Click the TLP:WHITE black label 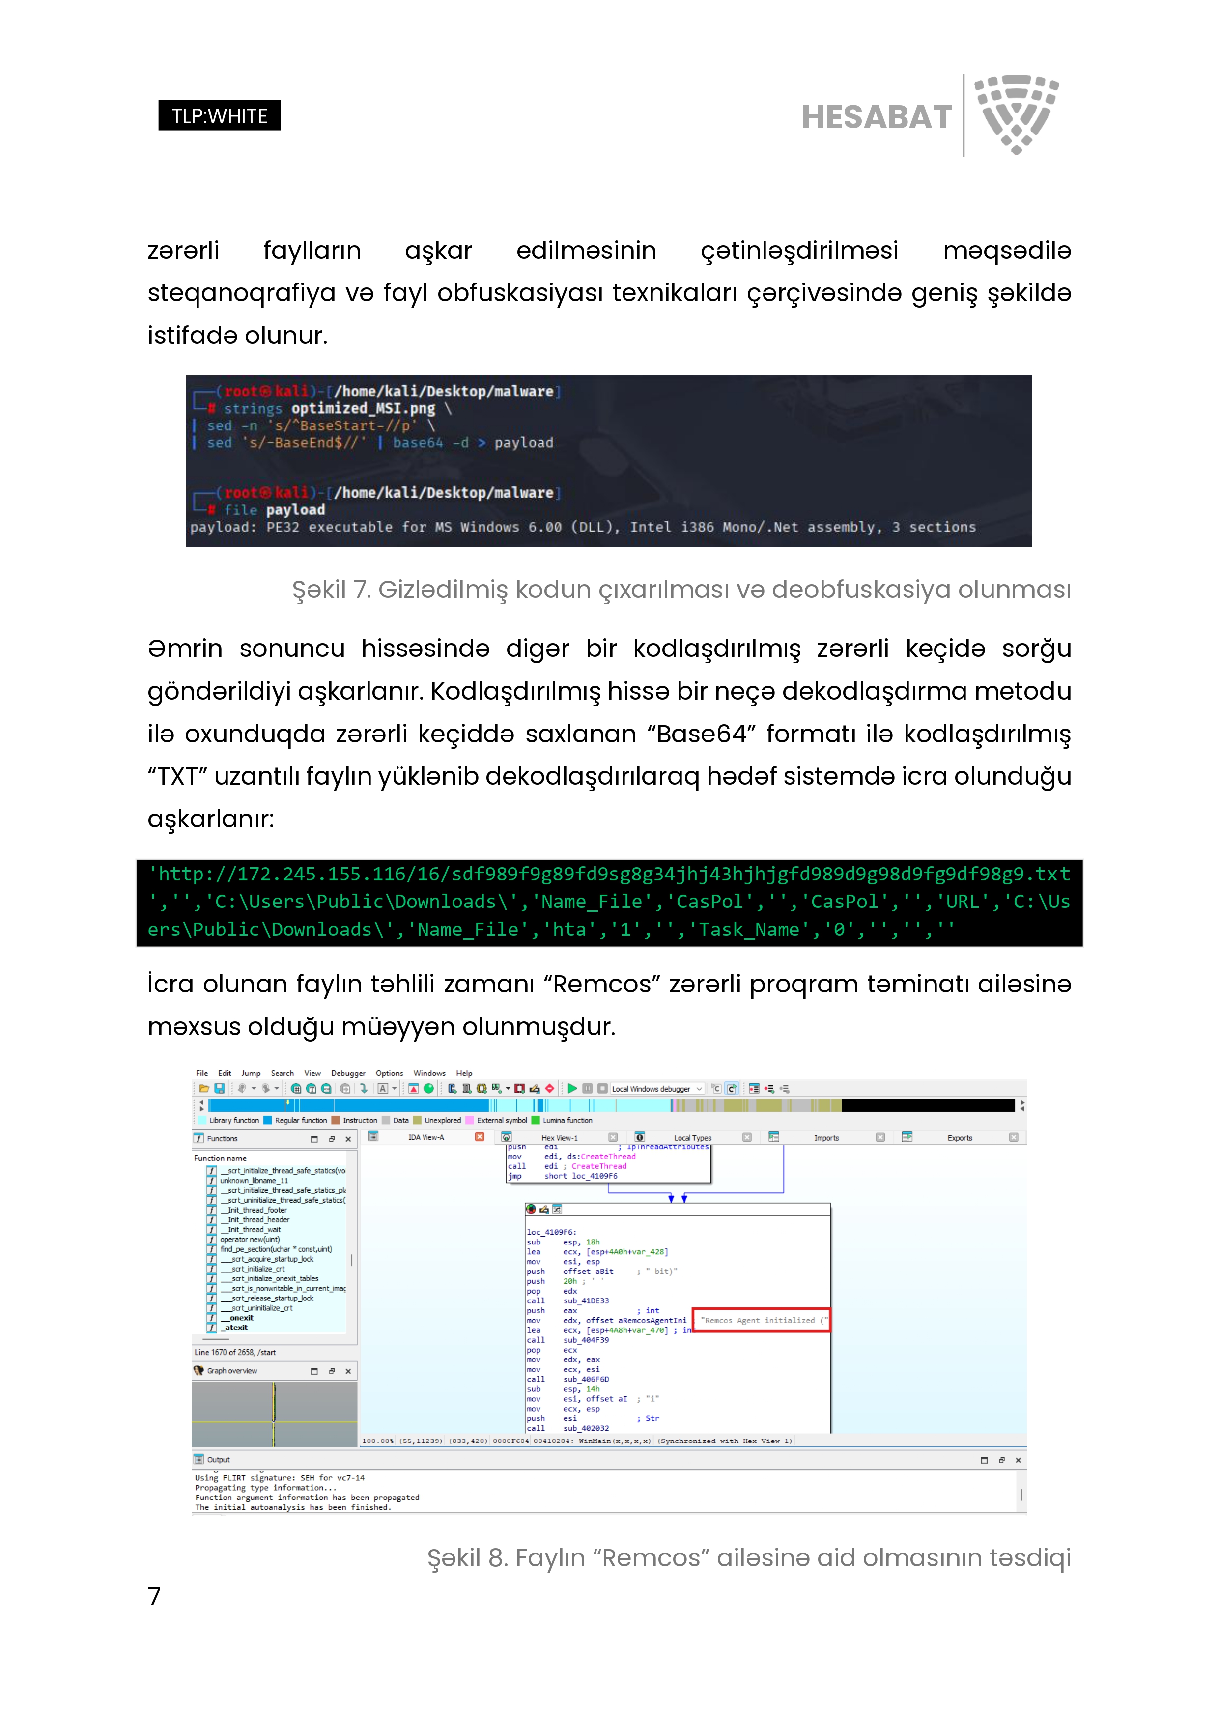click(219, 115)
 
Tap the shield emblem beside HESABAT click(1016, 113)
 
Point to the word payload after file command click(295, 510)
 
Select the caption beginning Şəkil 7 click(680, 590)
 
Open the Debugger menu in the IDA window click(348, 1073)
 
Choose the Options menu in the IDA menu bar click(389, 1073)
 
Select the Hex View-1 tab click(560, 1137)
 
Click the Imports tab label click(826, 1137)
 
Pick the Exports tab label click(959, 1137)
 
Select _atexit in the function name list click(237, 1328)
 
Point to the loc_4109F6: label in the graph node click(551, 1232)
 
